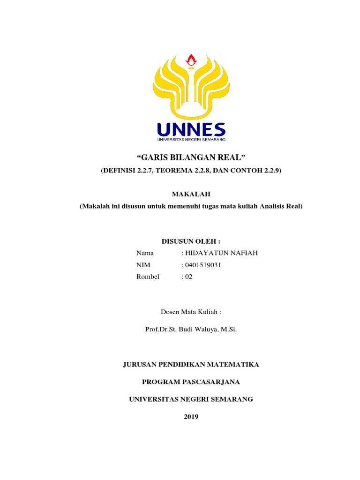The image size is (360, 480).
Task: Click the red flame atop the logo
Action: click(191, 60)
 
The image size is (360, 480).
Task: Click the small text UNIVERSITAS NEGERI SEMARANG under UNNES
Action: click(191, 139)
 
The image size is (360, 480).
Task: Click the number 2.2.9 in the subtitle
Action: click(270, 171)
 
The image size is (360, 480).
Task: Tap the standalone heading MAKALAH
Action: click(191, 193)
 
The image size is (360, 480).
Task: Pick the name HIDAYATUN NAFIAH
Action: click(221, 253)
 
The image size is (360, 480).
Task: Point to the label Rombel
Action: click(148, 277)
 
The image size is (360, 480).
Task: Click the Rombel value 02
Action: click(188, 277)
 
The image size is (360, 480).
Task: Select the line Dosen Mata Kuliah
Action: click(191, 312)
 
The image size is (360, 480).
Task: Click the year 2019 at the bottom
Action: click(191, 417)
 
